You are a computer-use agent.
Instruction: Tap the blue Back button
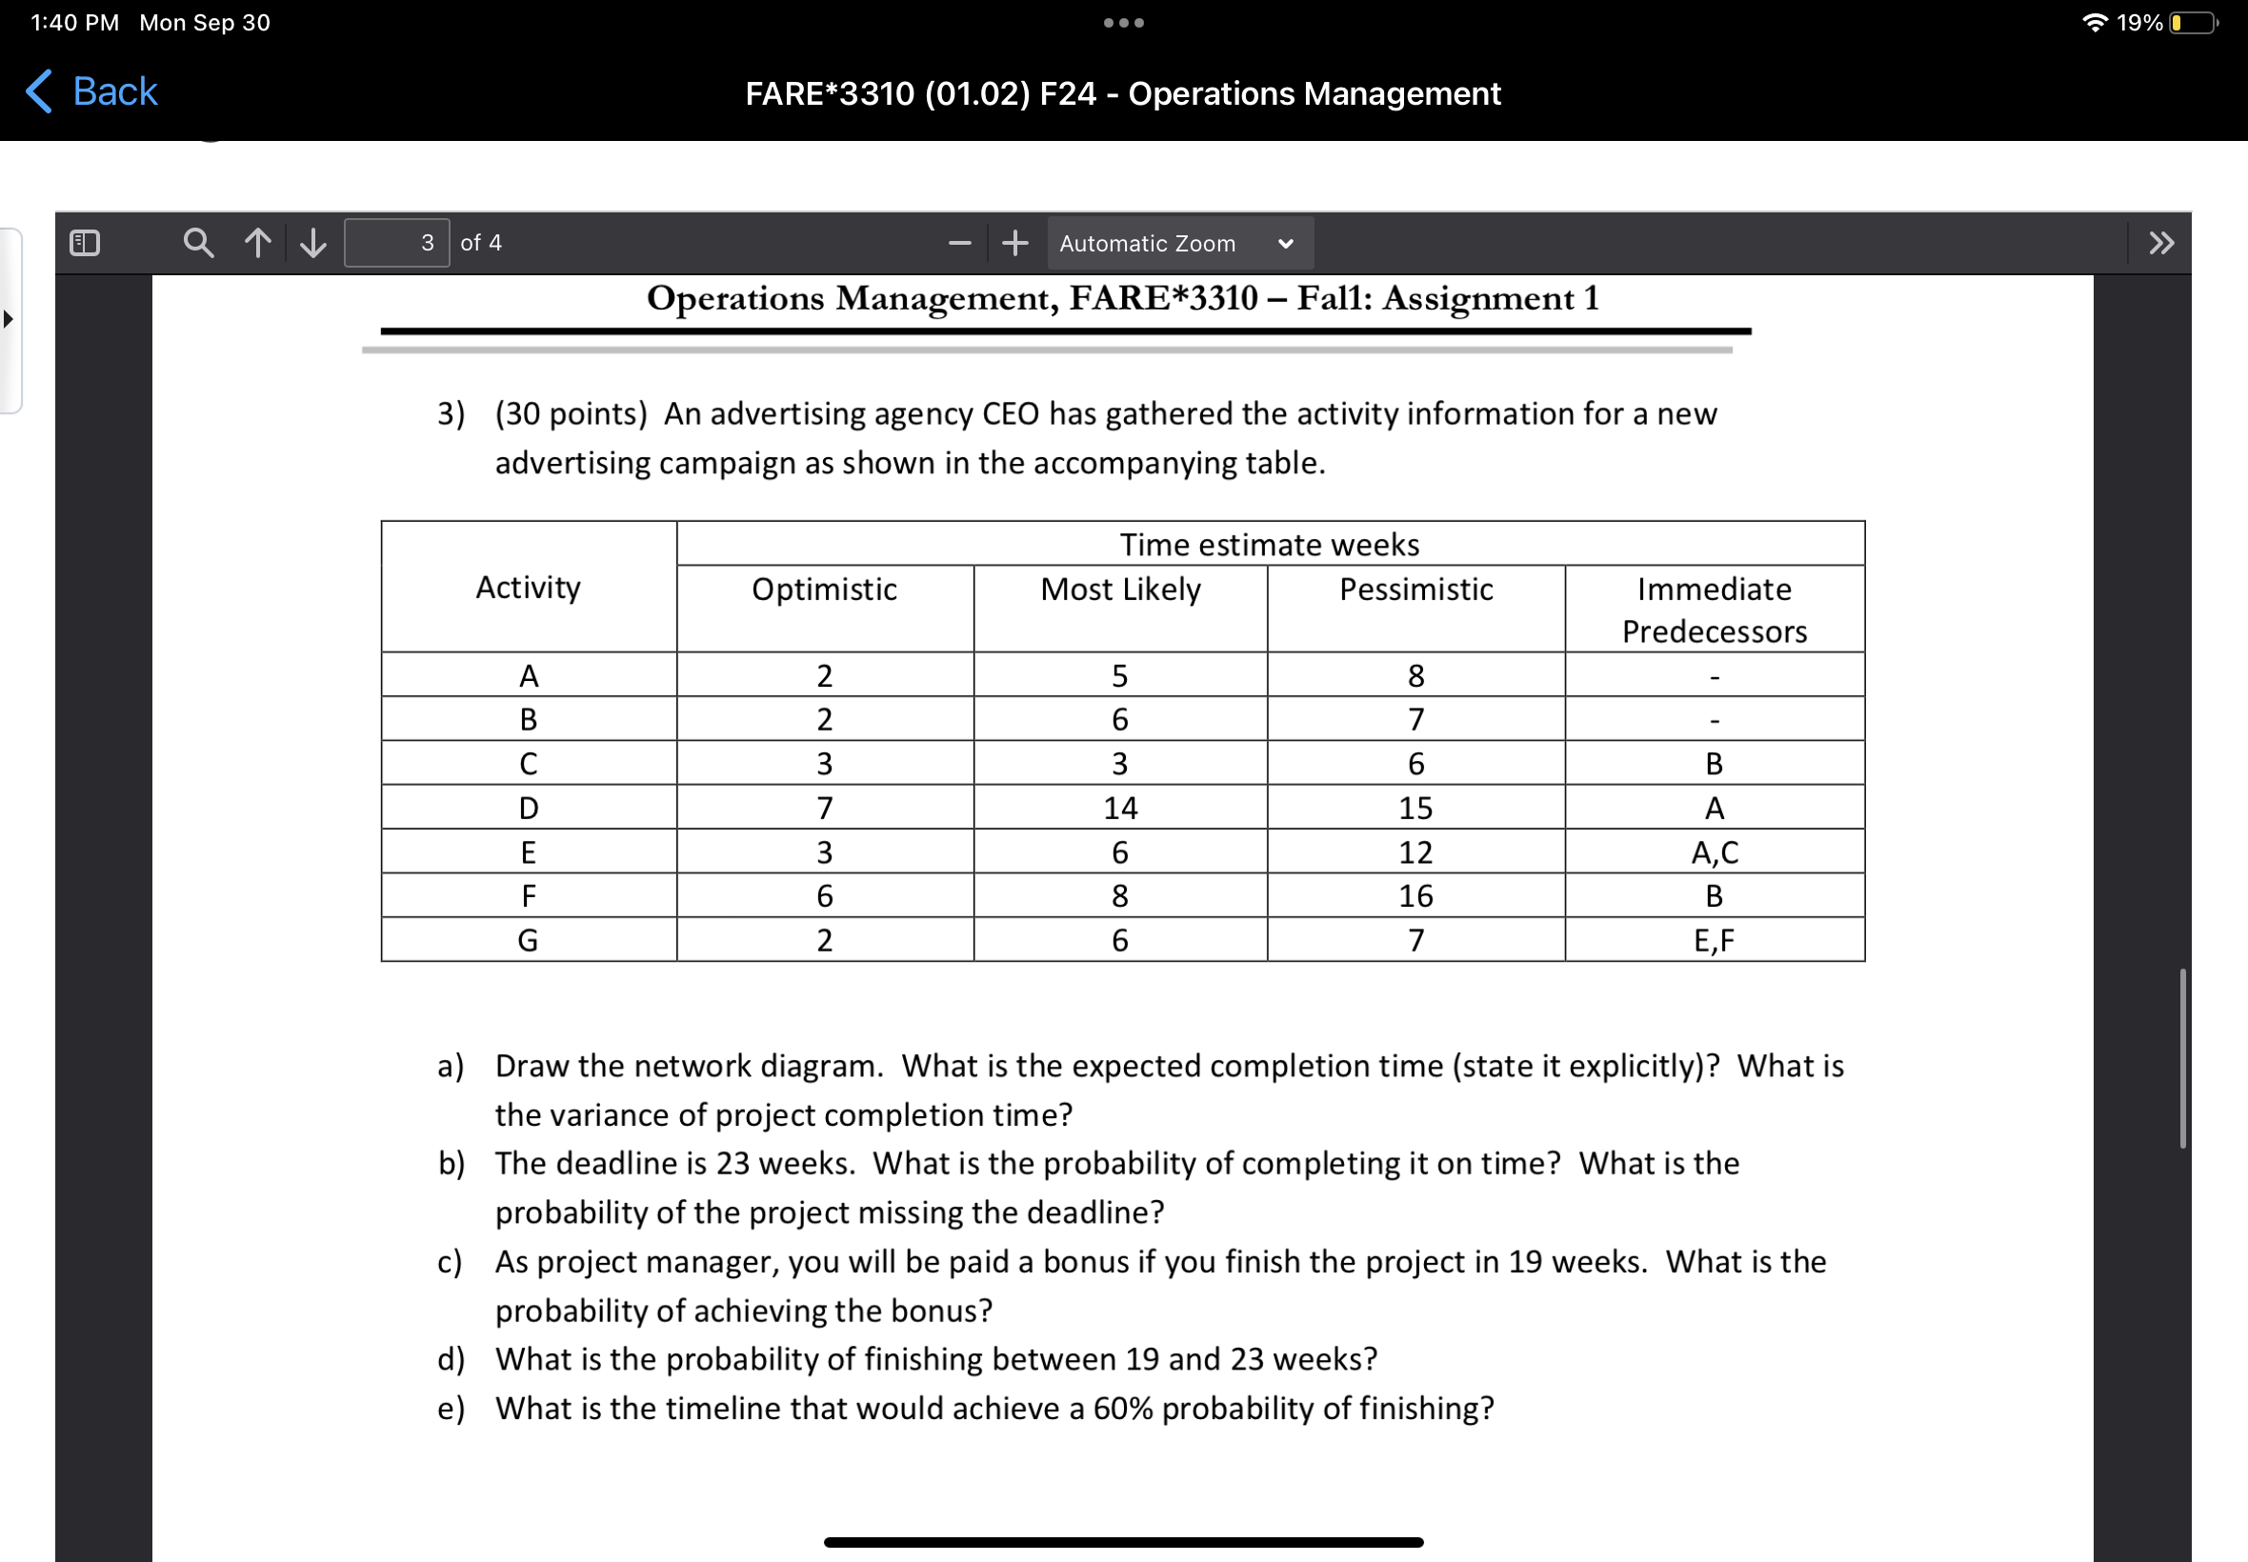(x=92, y=92)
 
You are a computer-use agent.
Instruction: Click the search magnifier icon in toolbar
(x=199, y=243)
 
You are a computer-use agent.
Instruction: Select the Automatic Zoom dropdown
(x=1177, y=243)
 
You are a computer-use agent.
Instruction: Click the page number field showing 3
(x=396, y=243)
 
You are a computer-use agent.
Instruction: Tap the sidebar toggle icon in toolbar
(x=85, y=243)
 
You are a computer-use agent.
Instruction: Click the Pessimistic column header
(x=1415, y=590)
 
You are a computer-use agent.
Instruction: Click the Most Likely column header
(x=1119, y=590)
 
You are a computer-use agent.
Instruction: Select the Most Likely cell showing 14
(x=1119, y=808)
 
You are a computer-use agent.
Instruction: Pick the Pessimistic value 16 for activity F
(x=1415, y=895)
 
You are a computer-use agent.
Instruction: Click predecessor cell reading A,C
(x=1714, y=851)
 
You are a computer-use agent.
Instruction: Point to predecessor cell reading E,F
(x=1714, y=939)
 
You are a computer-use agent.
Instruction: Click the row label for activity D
(x=529, y=808)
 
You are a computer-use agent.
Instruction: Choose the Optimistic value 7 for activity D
(x=824, y=808)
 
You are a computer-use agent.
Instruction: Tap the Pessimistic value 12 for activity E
(x=1415, y=851)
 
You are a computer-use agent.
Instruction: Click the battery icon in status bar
(x=2192, y=23)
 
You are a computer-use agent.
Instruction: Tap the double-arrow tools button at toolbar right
(x=2161, y=243)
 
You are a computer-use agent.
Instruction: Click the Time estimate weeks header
(x=1270, y=544)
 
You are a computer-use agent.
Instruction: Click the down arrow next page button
(x=313, y=243)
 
